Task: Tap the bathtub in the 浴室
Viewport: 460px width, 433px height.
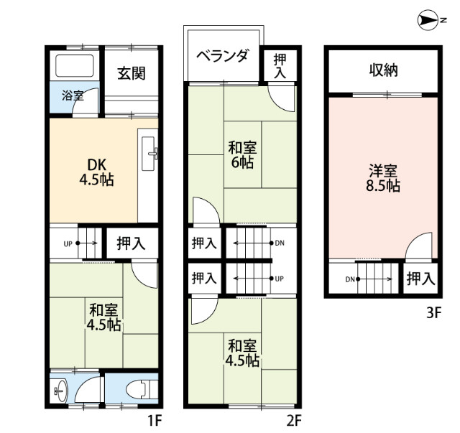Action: tap(75, 66)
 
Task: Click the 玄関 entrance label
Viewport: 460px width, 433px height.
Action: tap(132, 73)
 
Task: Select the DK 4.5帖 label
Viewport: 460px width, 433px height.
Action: tap(97, 172)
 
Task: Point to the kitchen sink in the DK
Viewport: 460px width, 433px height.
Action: tap(149, 154)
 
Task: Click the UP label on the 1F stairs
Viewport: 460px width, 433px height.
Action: tap(68, 244)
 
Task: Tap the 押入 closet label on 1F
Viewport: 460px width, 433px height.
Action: tap(131, 243)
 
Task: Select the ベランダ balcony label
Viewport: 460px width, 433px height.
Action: tap(223, 55)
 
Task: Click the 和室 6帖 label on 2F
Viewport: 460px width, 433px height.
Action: tap(242, 155)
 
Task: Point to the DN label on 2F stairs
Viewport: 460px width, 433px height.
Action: tap(280, 243)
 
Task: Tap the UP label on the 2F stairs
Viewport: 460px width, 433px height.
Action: tap(280, 279)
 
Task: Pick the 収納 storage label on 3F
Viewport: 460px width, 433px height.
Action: tap(383, 70)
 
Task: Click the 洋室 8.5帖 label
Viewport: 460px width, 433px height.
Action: tap(383, 178)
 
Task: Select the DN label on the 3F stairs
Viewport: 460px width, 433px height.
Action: tap(350, 279)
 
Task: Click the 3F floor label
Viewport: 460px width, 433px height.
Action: tap(434, 313)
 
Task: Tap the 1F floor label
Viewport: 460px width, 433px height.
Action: tap(155, 421)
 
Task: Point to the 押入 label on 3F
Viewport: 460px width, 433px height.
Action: tap(420, 279)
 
